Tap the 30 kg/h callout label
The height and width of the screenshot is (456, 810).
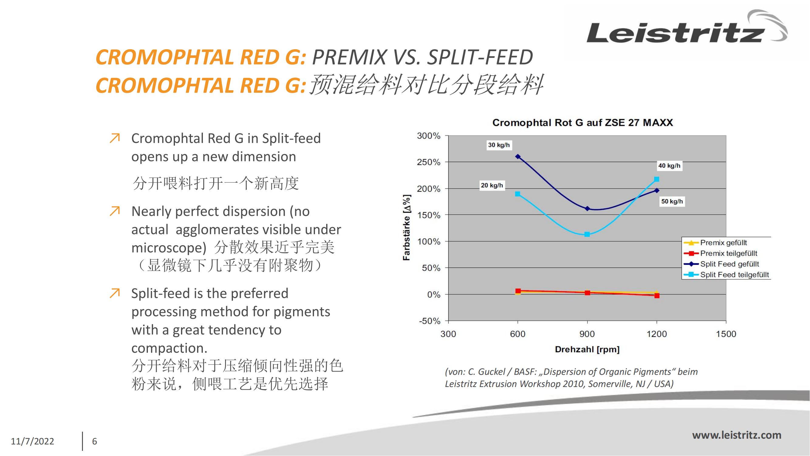(499, 145)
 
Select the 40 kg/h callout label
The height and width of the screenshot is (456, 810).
(669, 166)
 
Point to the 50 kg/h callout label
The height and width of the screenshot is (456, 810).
(672, 202)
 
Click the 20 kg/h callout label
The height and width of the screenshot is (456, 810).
(492, 185)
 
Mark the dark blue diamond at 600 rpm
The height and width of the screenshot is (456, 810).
(518, 156)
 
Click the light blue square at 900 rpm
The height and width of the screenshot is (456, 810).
(587, 234)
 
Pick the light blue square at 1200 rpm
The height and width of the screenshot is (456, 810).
(657, 179)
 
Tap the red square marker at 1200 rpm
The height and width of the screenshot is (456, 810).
(657, 296)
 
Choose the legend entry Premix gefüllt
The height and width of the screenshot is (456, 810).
(723, 243)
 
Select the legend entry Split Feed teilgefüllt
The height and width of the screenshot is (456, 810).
(734, 275)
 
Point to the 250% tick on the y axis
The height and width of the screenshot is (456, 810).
(429, 162)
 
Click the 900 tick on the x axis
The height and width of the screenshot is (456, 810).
(587, 334)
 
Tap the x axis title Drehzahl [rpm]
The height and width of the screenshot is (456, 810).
(587, 349)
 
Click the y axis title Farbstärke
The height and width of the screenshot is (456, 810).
(407, 227)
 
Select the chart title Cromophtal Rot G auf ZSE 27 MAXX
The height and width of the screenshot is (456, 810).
(582, 123)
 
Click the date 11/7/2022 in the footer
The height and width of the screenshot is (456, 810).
(32, 441)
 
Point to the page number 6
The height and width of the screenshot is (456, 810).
(94, 441)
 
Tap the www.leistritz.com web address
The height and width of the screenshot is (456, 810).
(737, 435)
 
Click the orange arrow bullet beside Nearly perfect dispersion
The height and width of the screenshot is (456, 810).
(115, 211)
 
